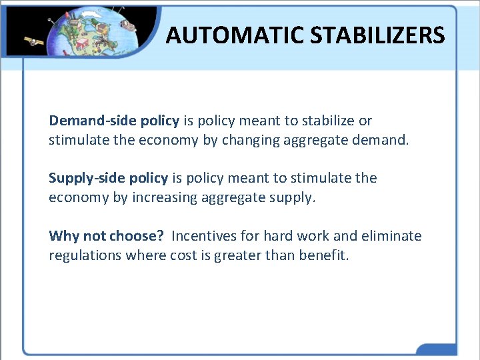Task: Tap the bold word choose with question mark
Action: (139, 236)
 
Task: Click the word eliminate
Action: (391, 236)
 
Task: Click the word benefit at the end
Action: (323, 255)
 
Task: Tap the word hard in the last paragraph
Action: (279, 236)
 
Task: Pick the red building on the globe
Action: (83, 44)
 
